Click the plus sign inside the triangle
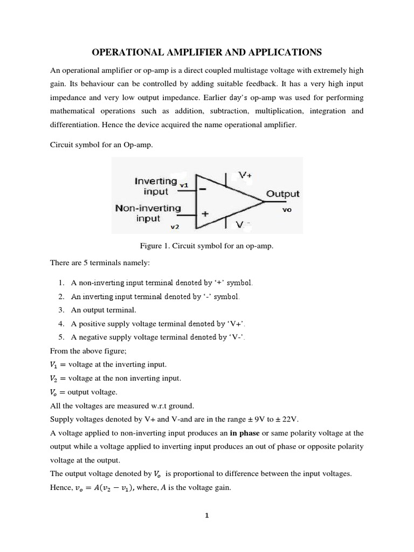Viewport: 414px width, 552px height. pos(205,213)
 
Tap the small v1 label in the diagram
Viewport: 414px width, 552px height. pos(184,185)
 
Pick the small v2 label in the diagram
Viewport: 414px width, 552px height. pos(174,227)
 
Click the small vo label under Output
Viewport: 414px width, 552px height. pos(287,210)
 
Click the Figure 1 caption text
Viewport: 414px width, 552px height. pos(207,246)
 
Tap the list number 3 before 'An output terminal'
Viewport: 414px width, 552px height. pos(61,310)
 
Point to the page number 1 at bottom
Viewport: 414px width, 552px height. pos(206,515)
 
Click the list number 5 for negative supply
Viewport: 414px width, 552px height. pos(61,337)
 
